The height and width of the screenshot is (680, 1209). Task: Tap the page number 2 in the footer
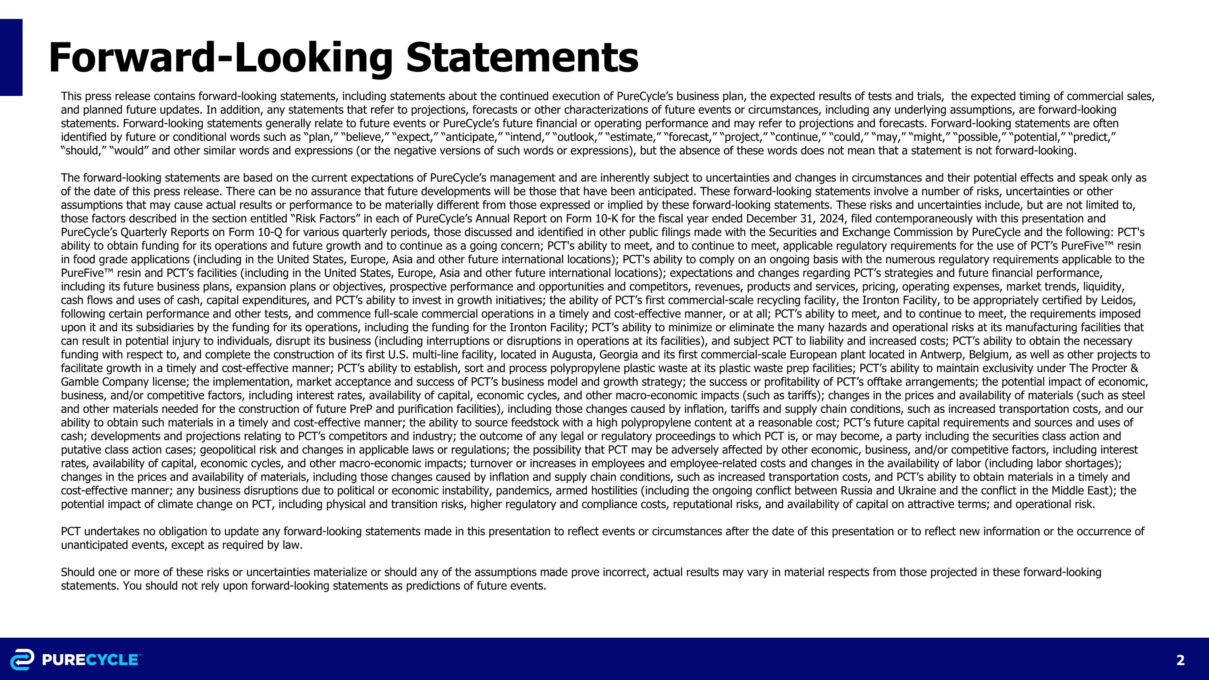pyautogui.click(x=1180, y=660)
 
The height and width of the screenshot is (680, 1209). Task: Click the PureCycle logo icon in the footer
pyautogui.click(x=22, y=659)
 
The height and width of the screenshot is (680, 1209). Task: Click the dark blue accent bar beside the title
pyautogui.click(x=11, y=57)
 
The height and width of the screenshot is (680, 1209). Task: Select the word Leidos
pyautogui.click(x=1120, y=300)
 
